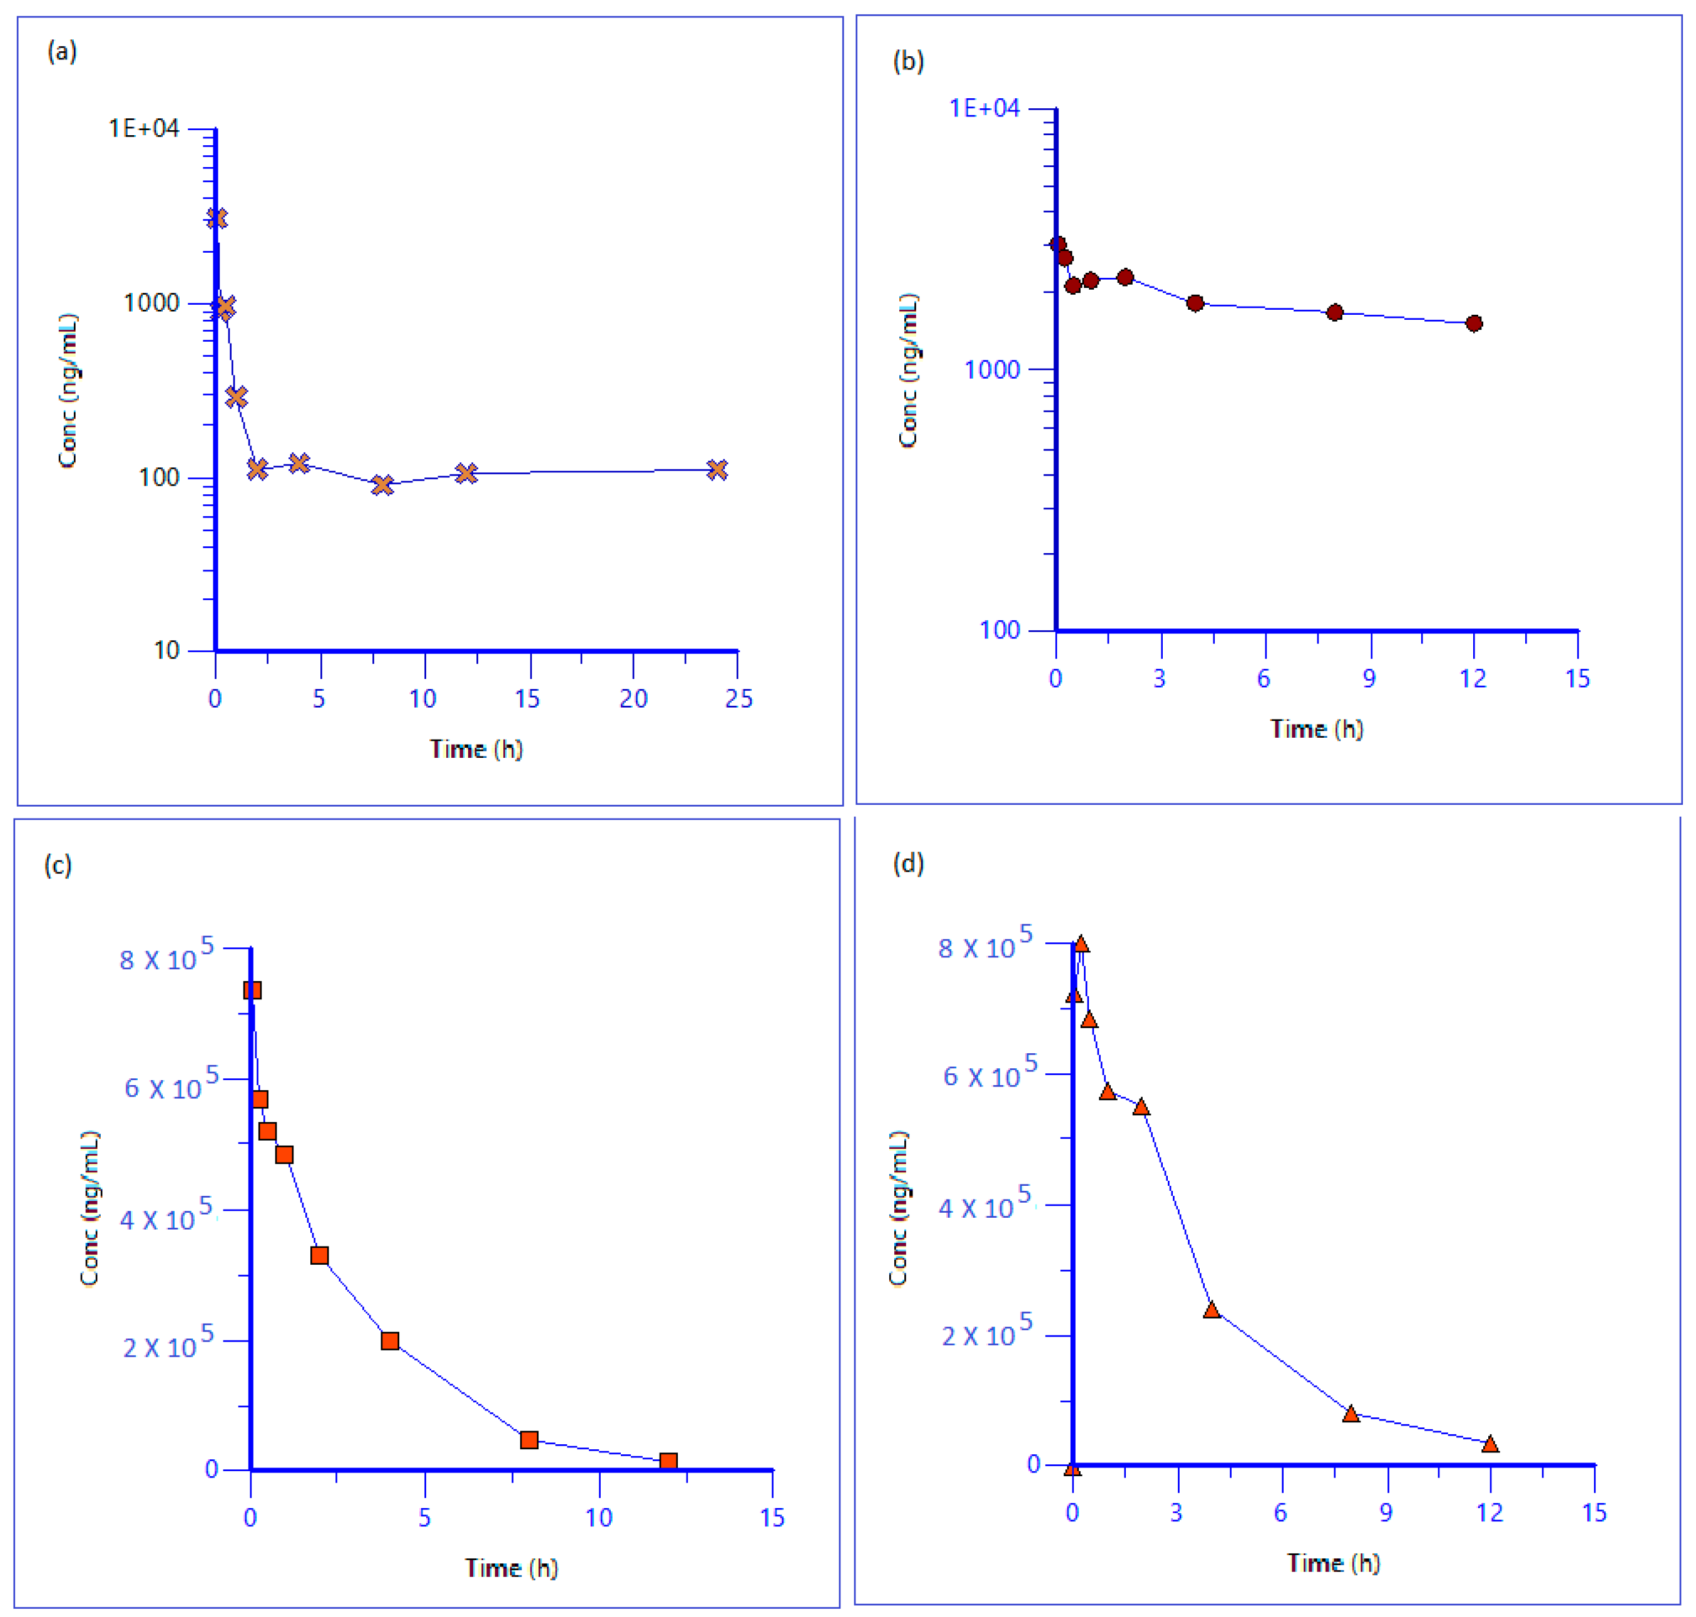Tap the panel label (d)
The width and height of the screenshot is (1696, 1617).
coord(907,863)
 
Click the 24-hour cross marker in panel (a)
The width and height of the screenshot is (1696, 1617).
coord(716,470)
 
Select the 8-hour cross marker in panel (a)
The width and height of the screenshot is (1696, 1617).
coord(382,485)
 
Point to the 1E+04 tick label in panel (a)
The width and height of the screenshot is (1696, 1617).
coord(143,128)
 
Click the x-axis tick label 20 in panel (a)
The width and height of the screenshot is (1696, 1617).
coord(633,699)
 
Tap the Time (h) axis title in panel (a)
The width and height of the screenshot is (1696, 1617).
coord(476,748)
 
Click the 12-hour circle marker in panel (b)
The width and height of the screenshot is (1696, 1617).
coord(1474,324)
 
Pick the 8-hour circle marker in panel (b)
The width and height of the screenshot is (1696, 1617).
coord(1334,312)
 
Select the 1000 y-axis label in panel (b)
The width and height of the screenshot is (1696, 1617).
coord(991,370)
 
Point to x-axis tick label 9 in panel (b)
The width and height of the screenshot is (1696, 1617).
coord(1369,679)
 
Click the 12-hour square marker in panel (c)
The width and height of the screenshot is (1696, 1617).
coord(668,1461)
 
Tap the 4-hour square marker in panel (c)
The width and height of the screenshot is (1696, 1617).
coord(389,1340)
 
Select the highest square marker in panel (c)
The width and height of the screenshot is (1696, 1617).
coord(252,989)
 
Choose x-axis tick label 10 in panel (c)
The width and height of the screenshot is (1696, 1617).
coord(598,1518)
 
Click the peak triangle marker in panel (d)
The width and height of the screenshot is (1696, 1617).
coord(1081,945)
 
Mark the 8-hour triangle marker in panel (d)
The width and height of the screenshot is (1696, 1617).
coord(1351,1414)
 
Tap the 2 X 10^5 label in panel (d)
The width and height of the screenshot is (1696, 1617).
coord(985,1334)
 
